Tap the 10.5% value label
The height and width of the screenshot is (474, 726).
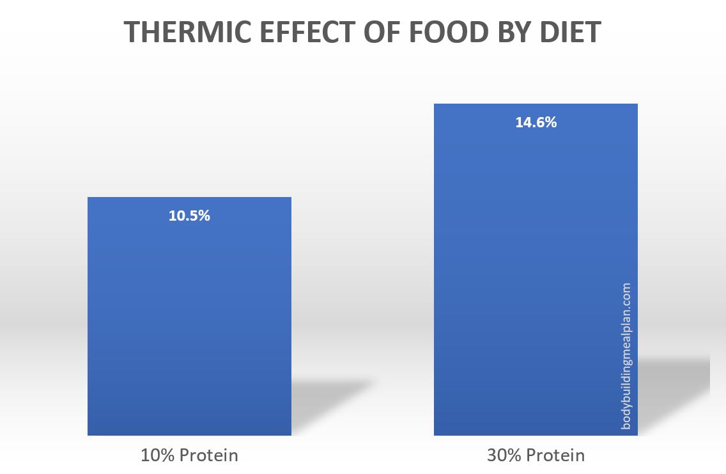click(x=189, y=216)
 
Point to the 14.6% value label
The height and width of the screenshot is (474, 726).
click(x=536, y=123)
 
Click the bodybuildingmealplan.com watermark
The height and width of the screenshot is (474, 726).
click(x=626, y=356)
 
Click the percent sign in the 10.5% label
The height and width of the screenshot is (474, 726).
click(x=204, y=216)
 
